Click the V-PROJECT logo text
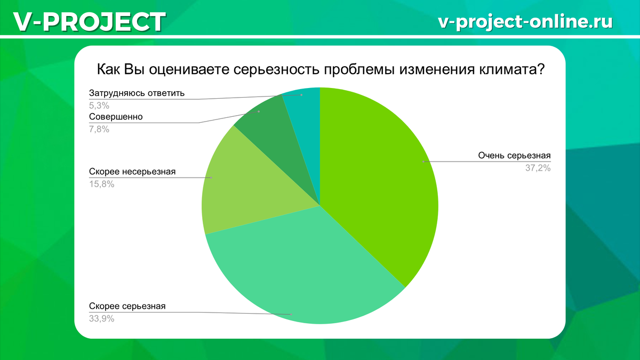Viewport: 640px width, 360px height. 89,21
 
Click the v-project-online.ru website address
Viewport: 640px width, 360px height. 525,21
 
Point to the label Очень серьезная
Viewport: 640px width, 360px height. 514,156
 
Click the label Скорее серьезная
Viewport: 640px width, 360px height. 127,306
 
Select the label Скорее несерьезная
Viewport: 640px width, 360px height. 132,172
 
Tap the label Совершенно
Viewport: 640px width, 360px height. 116,116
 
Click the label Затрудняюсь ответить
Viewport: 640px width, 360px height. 137,93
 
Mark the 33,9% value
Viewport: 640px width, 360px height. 101,319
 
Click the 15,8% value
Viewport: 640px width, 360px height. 101,185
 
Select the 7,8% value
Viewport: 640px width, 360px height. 99,129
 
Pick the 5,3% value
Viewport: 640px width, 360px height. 99,105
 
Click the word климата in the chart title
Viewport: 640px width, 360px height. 507,70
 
